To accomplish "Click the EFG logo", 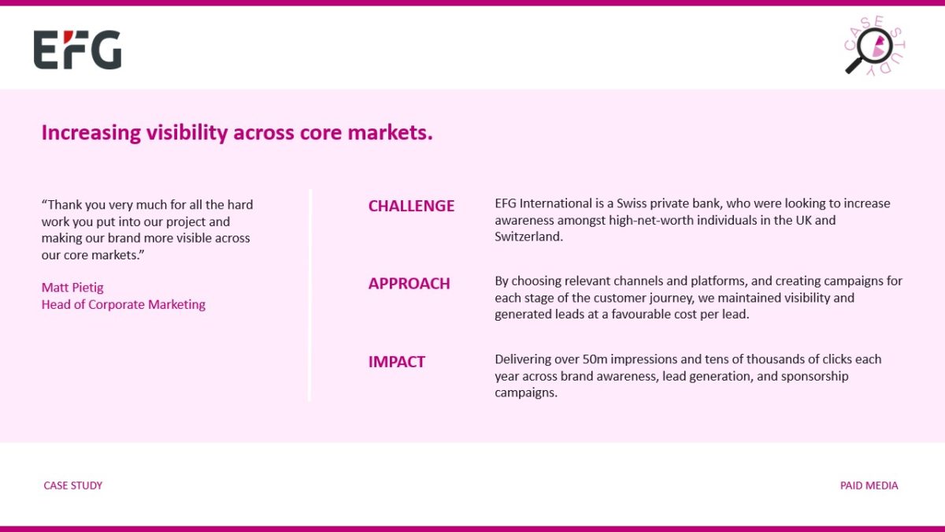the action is click(78, 50).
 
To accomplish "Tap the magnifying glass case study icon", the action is click(875, 46).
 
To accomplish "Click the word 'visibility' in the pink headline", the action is click(187, 132).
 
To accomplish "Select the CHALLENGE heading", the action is click(411, 206).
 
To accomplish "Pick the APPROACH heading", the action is click(409, 284).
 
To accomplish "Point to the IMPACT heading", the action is click(397, 362).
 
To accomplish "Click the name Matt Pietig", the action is click(72, 288).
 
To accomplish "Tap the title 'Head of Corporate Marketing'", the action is click(123, 304).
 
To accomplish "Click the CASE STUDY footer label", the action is click(73, 485).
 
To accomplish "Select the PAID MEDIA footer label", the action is click(869, 485).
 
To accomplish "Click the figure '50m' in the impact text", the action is click(595, 359).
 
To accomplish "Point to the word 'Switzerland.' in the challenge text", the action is click(528, 236).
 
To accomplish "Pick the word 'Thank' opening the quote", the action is click(61, 205).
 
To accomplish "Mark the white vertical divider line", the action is click(309, 295).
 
